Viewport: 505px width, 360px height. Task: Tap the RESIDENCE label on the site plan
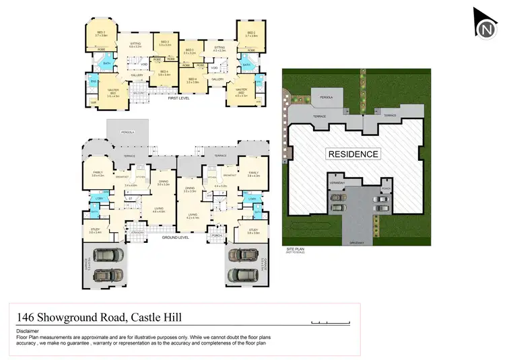[x=353, y=154]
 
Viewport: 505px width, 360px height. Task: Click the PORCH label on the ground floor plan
[x=217, y=236]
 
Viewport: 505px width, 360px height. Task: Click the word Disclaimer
[x=28, y=331]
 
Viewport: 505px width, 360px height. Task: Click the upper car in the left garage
[x=108, y=256]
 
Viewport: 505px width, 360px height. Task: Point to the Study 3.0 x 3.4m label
[x=95, y=231]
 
